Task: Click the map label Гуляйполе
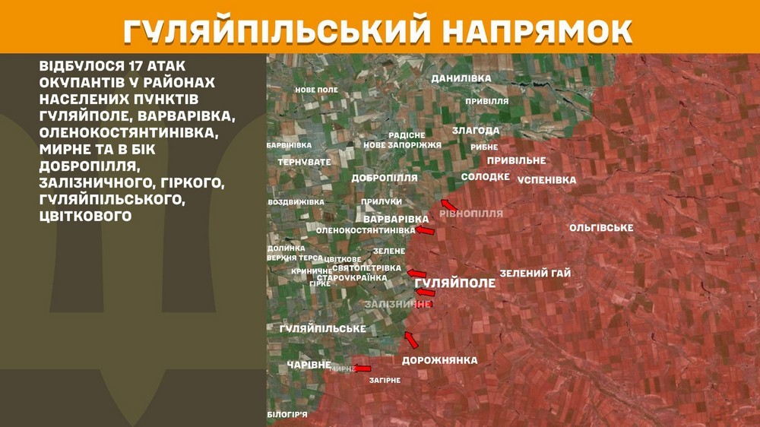pyautogui.click(x=455, y=283)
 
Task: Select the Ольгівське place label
pyautogui.click(x=601, y=228)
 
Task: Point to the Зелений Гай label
pyautogui.click(x=535, y=273)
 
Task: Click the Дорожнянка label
pyautogui.click(x=439, y=360)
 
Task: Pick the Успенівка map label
pyautogui.click(x=546, y=180)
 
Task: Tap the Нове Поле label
pyautogui.click(x=316, y=90)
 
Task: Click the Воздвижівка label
pyautogui.click(x=296, y=202)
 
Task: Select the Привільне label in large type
pyautogui.click(x=516, y=160)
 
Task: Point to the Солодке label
pyautogui.click(x=485, y=176)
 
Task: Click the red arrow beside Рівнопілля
pyautogui.click(x=449, y=204)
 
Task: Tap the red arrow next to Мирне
pyautogui.click(x=363, y=368)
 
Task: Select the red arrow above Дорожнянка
pyautogui.click(x=411, y=340)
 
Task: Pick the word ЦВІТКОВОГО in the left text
pyautogui.click(x=86, y=216)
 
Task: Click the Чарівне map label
pyautogui.click(x=309, y=365)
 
